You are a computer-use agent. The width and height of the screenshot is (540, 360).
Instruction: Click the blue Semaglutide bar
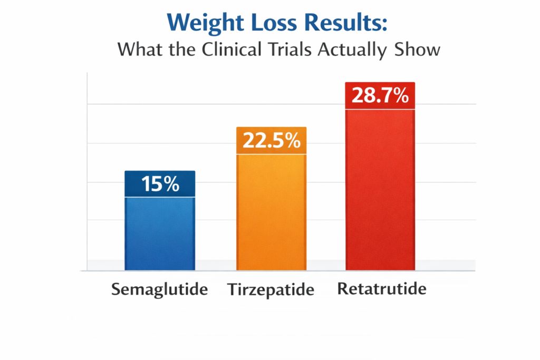(160, 232)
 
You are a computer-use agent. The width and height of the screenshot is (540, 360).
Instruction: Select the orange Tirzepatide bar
(272, 211)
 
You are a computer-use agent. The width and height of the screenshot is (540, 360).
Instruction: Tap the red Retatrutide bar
(380, 190)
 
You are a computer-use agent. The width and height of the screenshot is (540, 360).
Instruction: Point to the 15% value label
(160, 184)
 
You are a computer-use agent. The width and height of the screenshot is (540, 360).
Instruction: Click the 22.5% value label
(272, 141)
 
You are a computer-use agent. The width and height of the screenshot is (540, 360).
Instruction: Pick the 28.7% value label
(380, 96)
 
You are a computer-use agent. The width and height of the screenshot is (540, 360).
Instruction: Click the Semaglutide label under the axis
(160, 289)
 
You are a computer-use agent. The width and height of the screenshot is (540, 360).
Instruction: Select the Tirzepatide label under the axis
(271, 289)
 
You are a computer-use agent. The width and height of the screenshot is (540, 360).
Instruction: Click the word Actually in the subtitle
(354, 50)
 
